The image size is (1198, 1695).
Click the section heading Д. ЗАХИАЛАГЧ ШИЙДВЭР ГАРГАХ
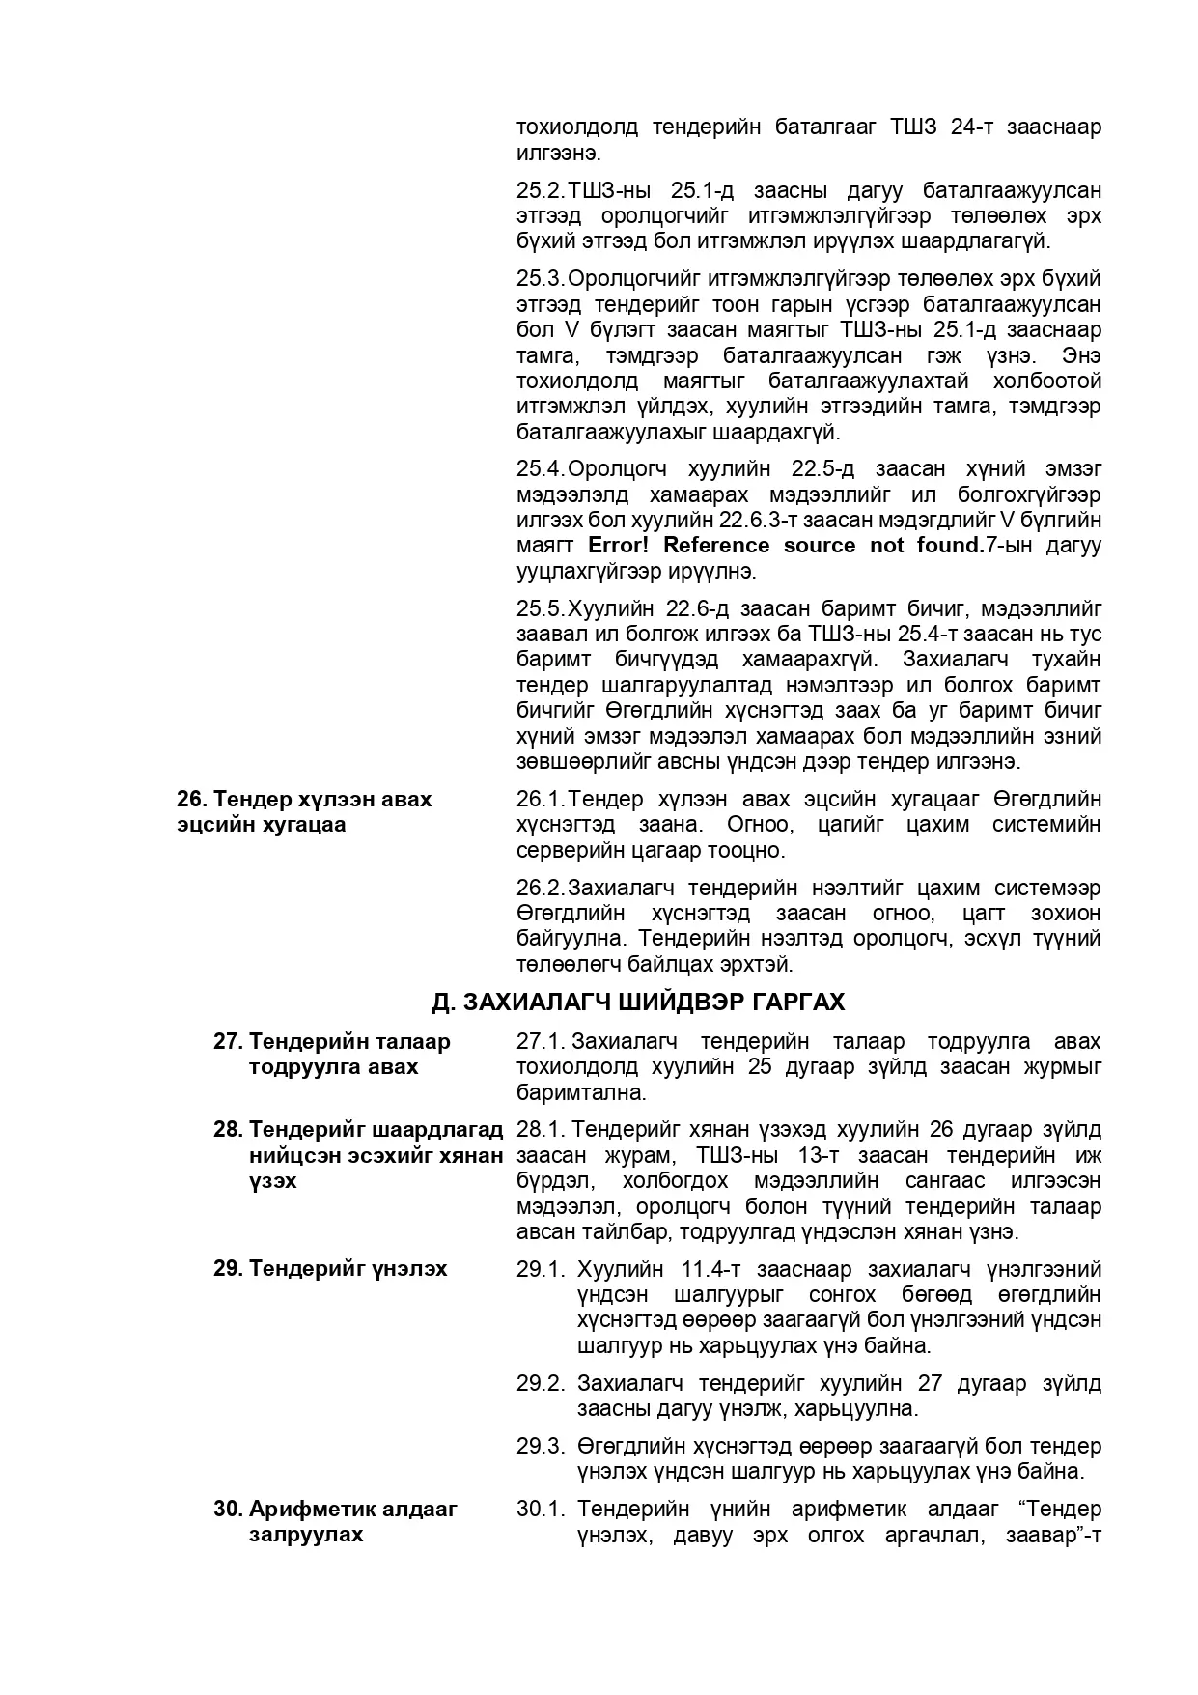click(638, 1003)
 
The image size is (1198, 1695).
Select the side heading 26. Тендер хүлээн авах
click(304, 800)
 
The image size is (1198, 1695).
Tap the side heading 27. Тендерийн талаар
click(331, 1042)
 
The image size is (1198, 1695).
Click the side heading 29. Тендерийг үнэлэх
click(330, 1269)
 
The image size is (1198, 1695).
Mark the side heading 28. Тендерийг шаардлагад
click(358, 1130)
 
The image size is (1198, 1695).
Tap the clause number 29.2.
click(540, 1383)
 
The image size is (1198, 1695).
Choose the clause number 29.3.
click(540, 1446)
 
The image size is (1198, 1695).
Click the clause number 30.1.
click(540, 1509)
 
